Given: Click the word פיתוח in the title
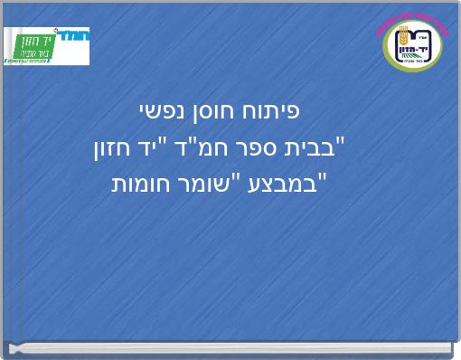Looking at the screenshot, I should tap(274, 111).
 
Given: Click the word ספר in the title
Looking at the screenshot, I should tap(271, 147).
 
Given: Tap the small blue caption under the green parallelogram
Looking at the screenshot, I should tap(36, 62).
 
